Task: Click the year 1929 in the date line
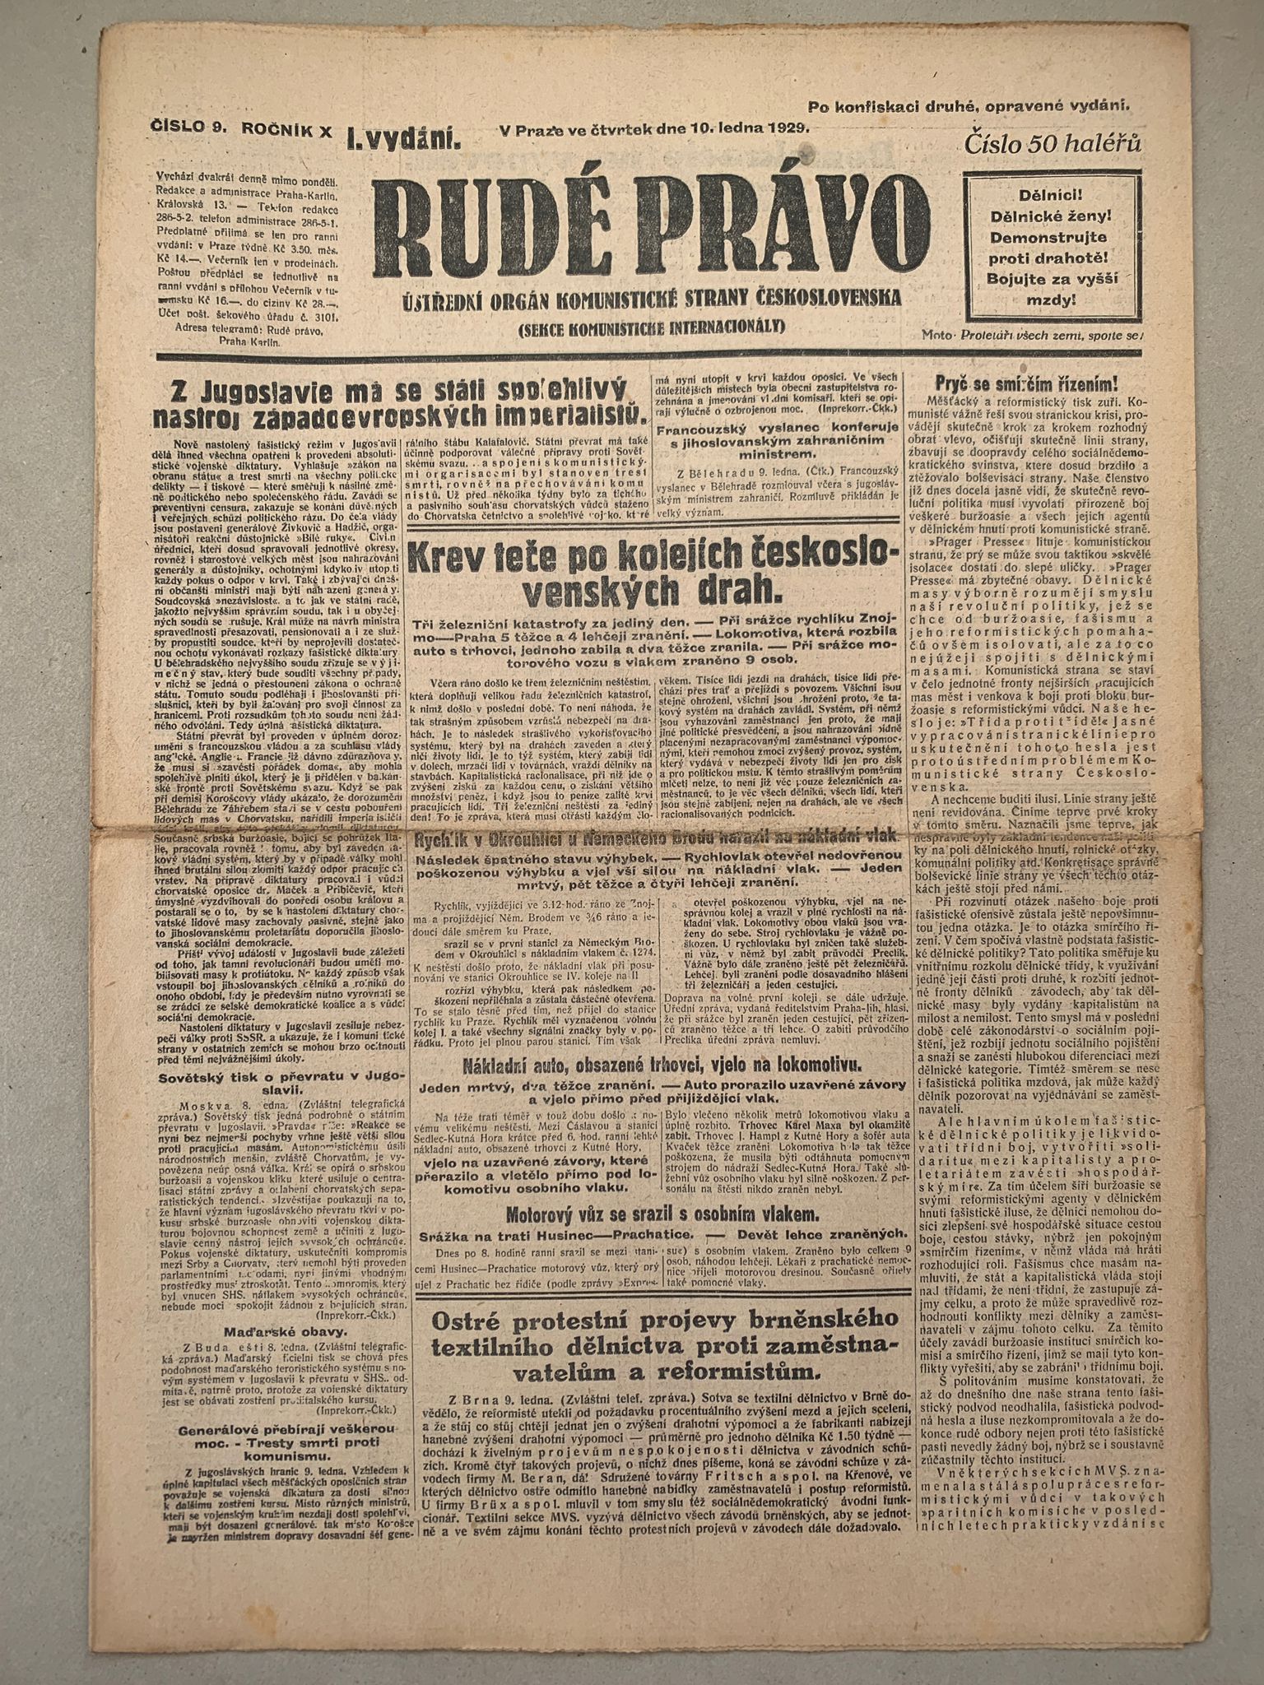(788, 128)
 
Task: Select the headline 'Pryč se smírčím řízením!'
(1026, 383)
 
